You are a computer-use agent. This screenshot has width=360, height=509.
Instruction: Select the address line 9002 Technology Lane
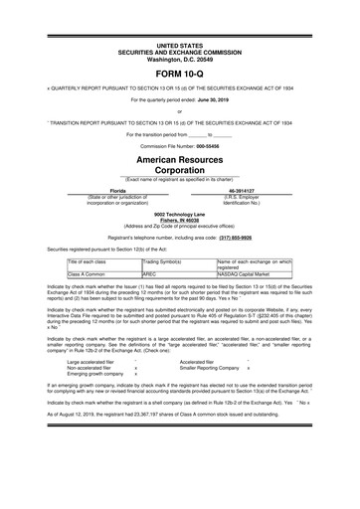pos(179,214)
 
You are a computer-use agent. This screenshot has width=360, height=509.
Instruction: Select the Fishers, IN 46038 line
pos(179,220)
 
